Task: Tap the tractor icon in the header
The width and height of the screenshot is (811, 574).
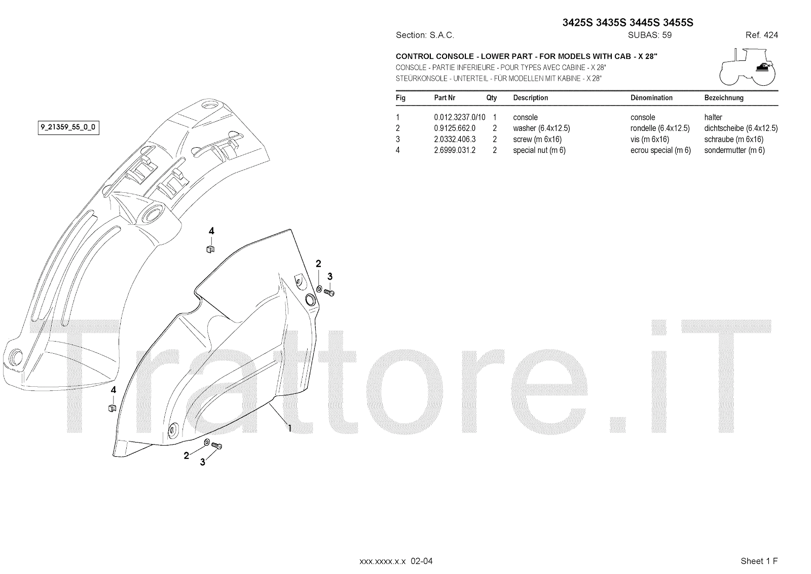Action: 747,66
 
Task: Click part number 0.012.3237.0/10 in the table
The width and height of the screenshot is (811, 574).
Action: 459,117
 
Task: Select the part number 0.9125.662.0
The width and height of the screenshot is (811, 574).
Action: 455,128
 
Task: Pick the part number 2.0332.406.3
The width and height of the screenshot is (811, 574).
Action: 455,139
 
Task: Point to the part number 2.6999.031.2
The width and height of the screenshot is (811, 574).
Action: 455,150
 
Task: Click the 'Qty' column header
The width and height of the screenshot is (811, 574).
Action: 491,97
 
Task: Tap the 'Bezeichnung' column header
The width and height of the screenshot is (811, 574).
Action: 723,97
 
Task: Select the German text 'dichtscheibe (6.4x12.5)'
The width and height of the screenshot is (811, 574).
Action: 741,128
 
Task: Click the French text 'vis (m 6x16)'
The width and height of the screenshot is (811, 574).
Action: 650,139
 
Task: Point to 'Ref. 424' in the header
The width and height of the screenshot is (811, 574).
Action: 761,35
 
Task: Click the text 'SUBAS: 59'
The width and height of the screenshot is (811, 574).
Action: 649,35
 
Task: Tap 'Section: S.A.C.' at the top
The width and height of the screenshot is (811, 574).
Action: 425,35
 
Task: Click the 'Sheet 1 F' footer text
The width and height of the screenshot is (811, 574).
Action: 759,561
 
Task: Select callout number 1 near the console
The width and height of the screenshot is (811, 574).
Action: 289,428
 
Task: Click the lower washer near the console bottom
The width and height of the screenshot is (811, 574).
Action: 207,443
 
